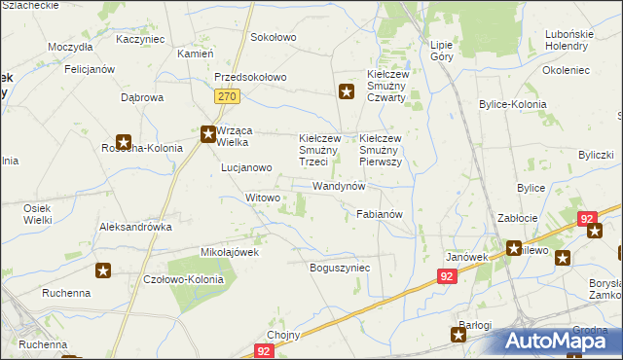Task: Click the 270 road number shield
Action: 227,96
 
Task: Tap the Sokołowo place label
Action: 273,37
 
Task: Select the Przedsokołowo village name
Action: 250,78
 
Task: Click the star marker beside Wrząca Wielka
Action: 208,134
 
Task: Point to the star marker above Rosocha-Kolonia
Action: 124,141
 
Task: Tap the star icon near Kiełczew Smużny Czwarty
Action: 346,92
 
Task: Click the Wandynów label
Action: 339,185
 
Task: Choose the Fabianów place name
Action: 380,213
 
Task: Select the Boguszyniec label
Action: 340,267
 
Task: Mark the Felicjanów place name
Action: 90,70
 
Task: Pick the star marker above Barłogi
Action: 458,335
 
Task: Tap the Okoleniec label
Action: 568,70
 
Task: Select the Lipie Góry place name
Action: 442,52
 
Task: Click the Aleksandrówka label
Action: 135,226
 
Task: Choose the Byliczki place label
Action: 595,155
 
